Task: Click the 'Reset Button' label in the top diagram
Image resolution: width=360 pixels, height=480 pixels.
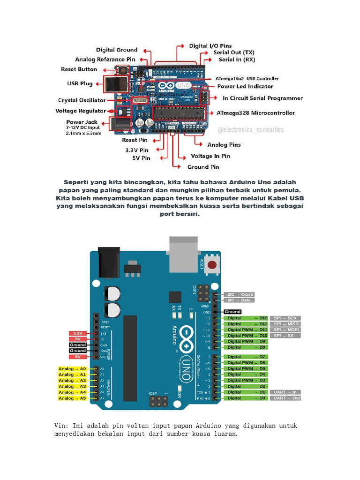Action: (x=79, y=69)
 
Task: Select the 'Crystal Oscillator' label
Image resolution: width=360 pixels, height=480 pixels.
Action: (x=82, y=100)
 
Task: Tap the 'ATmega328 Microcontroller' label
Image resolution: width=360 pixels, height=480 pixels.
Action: (x=255, y=113)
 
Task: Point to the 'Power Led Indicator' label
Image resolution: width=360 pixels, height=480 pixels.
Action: (x=245, y=87)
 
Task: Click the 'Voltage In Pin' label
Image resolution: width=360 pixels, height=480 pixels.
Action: (x=210, y=156)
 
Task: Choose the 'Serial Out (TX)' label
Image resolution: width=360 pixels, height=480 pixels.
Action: (x=234, y=52)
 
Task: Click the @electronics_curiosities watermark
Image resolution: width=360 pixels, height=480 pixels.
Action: (x=251, y=129)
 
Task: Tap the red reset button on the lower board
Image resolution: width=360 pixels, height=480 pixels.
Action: (x=213, y=265)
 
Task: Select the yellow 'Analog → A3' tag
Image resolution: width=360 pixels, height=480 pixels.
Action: (x=72, y=386)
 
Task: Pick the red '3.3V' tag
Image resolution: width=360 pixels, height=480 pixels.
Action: (x=78, y=333)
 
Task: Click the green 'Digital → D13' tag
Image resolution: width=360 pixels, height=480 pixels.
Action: (x=247, y=318)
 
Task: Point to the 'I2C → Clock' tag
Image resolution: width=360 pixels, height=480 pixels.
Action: (x=240, y=294)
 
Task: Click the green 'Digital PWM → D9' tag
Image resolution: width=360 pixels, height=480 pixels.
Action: (x=247, y=341)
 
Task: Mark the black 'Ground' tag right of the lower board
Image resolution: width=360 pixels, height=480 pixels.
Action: (x=232, y=312)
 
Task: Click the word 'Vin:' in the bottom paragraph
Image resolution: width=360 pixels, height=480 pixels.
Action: (x=61, y=426)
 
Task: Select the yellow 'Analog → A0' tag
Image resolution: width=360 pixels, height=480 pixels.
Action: (x=72, y=369)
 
